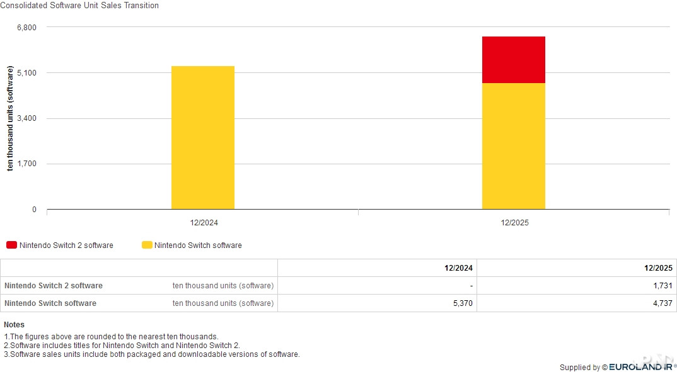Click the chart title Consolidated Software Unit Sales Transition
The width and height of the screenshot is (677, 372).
[79, 6]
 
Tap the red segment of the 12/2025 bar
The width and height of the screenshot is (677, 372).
[513, 60]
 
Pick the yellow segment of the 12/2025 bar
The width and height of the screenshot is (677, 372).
[513, 146]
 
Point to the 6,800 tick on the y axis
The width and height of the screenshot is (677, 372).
[26, 28]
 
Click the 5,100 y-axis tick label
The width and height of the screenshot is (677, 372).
[26, 73]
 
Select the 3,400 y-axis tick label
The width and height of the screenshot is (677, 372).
[26, 118]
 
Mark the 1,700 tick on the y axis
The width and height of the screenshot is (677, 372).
[26, 164]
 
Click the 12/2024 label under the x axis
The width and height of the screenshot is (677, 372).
[204, 223]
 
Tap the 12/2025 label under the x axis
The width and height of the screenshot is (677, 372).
[514, 223]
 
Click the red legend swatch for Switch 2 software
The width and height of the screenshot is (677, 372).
[11, 245]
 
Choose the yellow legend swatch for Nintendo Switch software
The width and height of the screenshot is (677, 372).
[147, 245]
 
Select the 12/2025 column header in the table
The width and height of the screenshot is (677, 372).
[658, 268]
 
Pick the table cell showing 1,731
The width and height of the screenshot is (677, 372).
[663, 286]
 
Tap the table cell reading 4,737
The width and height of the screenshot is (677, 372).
[663, 303]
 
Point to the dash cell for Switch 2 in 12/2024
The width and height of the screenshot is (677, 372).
[471, 286]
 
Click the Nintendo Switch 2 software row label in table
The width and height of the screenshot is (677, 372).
[53, 286]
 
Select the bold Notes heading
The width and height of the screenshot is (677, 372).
[14, 325]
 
